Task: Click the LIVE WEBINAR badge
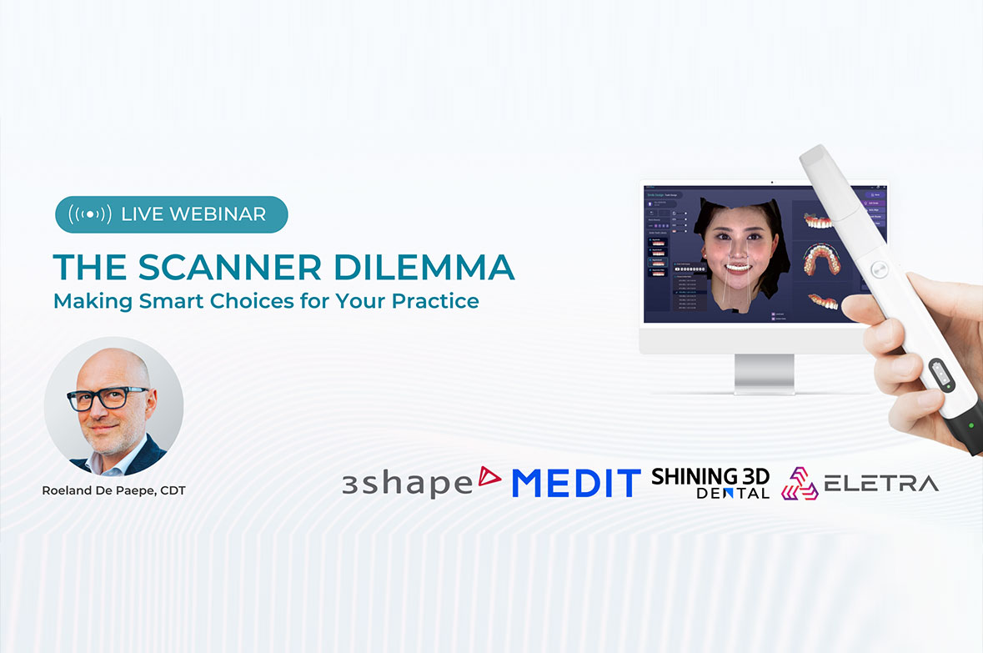coord(171,214)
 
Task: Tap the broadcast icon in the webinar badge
coord(89,214)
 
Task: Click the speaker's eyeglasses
coord(108,398)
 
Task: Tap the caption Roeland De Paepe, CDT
coord(113,490)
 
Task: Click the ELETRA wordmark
coord(881,483)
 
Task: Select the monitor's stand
coord(764,374)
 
